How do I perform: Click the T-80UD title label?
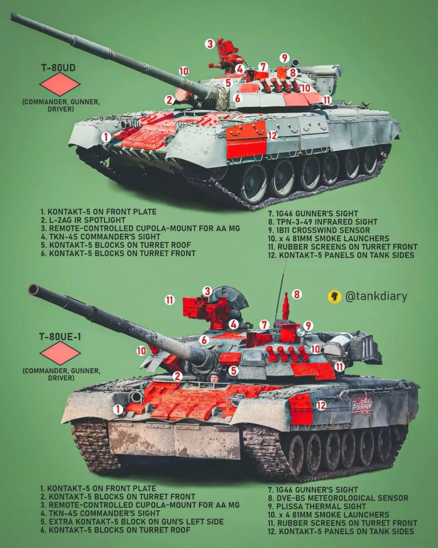pyautogui.click(x=58, y=68)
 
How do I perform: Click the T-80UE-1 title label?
pyautogui.click(x=60, y=337)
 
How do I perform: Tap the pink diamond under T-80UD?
pyautogui.click(x=60, y=84)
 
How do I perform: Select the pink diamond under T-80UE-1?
pyautogui.click(x=60, y=353)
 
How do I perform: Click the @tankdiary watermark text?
pyautogui.click(x=376, y=296)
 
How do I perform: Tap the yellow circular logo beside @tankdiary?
pyautogui.click(x=334, y=297)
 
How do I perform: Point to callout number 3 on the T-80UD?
pyautogui.click(x=210, y=44)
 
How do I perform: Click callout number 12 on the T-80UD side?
pyautogui.click(x=272, y=135)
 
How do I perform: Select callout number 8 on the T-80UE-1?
pyautogui.click(x=296, y=295)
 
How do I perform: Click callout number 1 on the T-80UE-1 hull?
pyautogui.click(x=118, y=410)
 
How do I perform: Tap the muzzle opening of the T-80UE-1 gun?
pyautogui.click(x=33, y=290)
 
